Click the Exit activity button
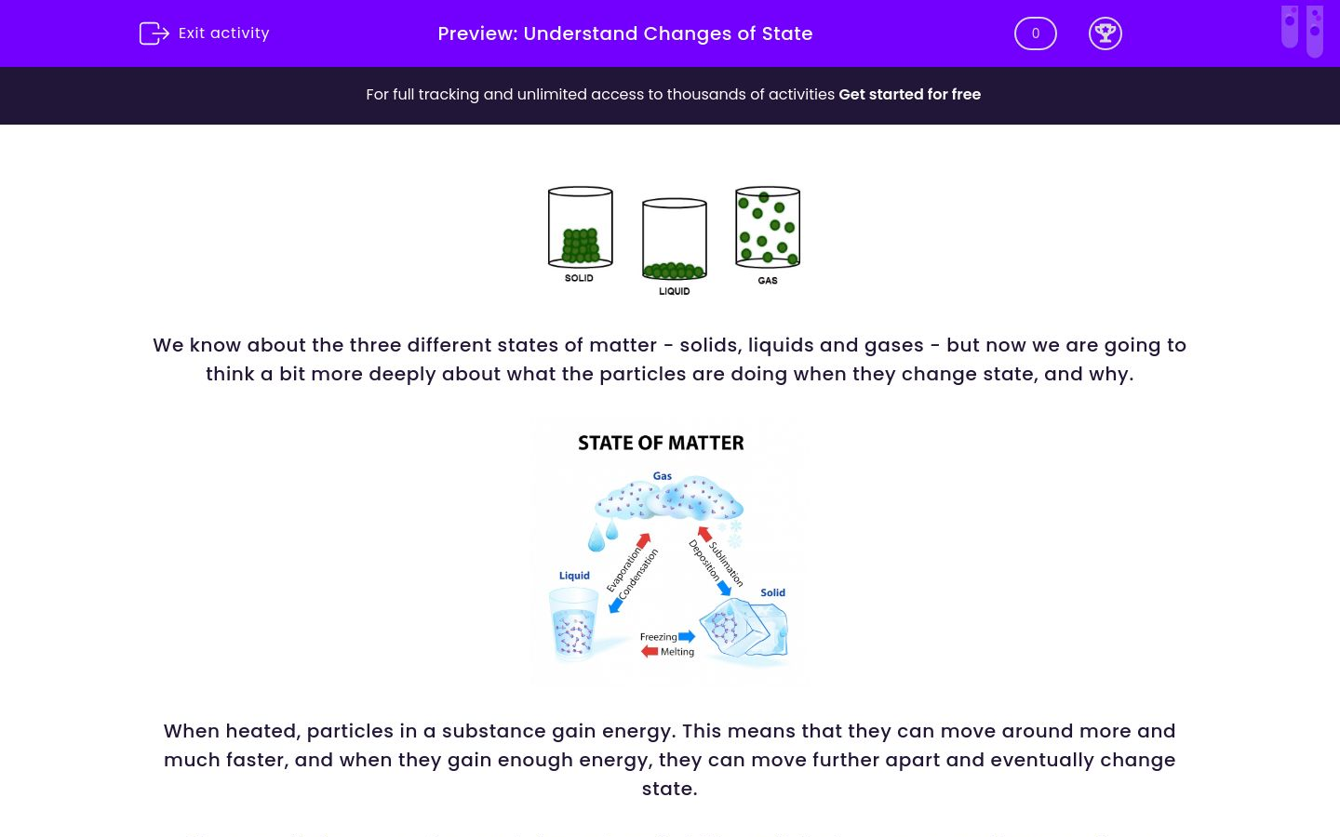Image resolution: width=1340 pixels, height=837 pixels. click(205, 33)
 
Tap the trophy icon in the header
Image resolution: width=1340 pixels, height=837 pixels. click(1105, 33)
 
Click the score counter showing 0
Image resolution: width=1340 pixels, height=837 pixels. click(1035, 33)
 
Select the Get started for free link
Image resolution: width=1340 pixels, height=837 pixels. click(909, 95)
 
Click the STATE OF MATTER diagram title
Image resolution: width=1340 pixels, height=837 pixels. click(661, 443)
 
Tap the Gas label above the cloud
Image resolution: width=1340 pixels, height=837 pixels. click(662, 476)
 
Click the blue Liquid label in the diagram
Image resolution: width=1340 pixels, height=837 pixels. click(574, 576)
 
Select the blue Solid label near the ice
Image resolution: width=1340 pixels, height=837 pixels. click(772, 592)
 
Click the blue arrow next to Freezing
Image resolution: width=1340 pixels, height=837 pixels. click(687, 637)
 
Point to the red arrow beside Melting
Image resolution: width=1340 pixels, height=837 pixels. click(650, 651)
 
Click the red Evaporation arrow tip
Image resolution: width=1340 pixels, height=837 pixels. click(644, 539)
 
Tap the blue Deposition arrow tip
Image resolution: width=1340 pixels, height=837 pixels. click(725, 589)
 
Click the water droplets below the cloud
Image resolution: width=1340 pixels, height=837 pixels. click(603, 535)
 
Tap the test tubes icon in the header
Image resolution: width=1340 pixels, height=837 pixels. click(1301, 31)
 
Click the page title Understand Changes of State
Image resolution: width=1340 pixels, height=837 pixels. click(668, 33)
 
